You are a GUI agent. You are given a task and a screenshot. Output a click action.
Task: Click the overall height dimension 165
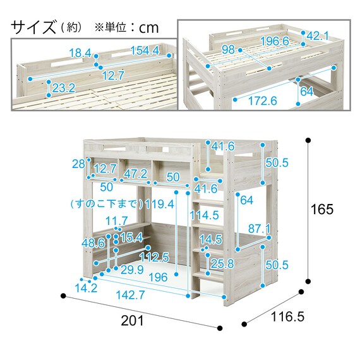click(321, 209)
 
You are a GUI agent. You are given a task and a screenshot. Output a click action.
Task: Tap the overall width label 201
click(132, 320)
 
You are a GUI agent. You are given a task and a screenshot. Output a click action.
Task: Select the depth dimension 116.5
click(287, 316)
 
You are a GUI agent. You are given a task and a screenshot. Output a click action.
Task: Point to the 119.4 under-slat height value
click(160, 204)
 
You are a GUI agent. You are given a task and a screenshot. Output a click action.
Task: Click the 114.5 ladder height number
click(205, 215)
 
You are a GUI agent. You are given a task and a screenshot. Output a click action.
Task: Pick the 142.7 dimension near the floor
click(130, 294)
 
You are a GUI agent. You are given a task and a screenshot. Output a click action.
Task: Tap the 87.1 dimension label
click(259, 229)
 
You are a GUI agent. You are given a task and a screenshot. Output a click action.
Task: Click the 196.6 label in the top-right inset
click(275, 41)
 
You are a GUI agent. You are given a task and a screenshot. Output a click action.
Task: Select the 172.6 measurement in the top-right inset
click(263, 100)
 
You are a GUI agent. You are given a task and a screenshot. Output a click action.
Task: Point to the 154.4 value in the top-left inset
click(145, 51)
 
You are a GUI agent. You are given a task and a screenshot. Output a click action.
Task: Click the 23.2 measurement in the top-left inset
click(64, 88)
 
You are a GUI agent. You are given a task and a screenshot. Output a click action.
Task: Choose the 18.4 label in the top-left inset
click(80, 53)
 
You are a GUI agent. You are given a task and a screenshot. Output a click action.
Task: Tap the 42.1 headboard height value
click(318, 36)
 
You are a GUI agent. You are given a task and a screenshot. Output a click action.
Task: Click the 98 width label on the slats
click(229, 50)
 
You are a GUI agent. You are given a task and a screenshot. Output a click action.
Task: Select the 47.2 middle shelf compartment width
click(136, 174)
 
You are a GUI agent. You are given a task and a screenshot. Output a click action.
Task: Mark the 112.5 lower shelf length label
click(155, 257)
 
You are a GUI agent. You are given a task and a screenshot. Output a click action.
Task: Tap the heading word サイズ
click(33, 27)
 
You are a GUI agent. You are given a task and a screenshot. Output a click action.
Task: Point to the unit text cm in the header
click(149, 28)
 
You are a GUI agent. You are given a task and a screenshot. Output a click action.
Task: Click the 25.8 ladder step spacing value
click(222, 263)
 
